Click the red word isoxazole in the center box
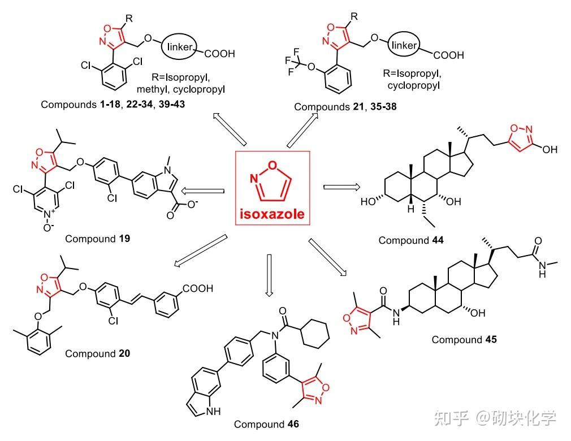point(271,214)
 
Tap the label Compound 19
point(97,239)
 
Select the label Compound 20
point(97,354)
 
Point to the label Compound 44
point(411,240)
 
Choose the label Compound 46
point(266,424)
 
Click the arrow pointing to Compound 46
point(269,274)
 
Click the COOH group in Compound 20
point(197,289)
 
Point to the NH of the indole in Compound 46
point(209,412)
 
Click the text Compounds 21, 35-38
point(345,106)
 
